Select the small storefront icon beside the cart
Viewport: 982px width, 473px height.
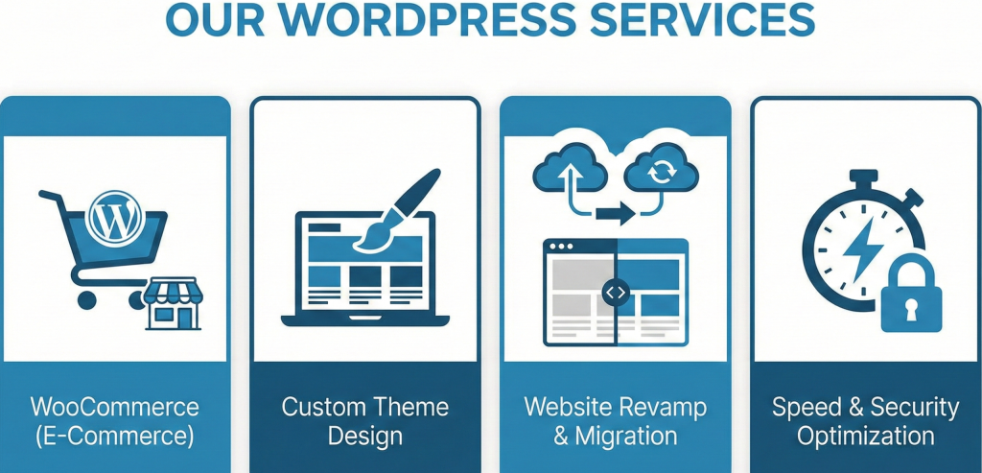(x=174, y=305)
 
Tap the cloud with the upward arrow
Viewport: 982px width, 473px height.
(x=570, y=171)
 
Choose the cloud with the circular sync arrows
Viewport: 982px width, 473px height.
(x=661, y=172)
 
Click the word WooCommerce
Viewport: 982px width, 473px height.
(x=114, y=406)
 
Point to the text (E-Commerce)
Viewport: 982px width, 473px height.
(x=114, y=437)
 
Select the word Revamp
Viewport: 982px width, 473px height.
(x=662, y=406)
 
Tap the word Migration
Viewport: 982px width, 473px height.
(x=629, y=437)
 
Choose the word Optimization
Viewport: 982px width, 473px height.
(x=866, y=437)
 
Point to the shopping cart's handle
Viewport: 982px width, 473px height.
(x=53, y=198)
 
